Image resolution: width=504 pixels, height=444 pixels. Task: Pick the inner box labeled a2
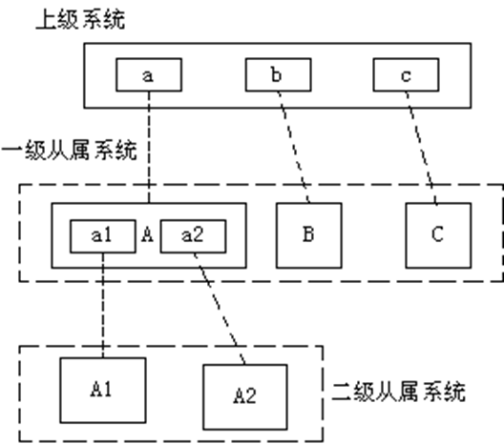pyautogui.click(x=190, y=234)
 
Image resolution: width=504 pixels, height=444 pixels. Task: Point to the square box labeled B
pyautogui.click(x=308, y=232)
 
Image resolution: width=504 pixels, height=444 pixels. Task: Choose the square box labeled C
pyautogui.click(x=436, y=232)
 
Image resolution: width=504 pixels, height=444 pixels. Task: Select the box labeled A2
pyautogui.click(x=243, y=394)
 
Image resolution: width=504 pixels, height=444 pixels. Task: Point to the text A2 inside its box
pyautogui.click(x=243, y=394)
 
